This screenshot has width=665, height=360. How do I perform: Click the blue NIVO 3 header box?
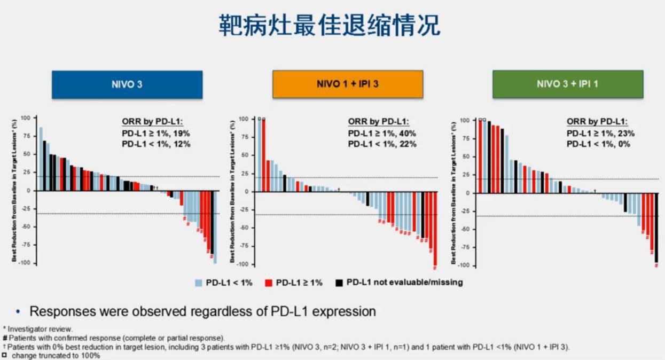tap(127, 84)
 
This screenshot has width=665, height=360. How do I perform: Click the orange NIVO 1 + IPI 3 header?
tap(348, 84)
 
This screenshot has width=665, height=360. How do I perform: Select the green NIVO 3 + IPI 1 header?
tap(567, 84)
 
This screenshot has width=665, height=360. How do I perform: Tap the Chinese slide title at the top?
tap(330, 25)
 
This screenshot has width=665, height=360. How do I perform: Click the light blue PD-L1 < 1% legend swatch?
tap(198, 283)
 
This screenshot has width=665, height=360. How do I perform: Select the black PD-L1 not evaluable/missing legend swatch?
tap(339, 283)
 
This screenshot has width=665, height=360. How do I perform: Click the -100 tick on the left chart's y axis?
tap(25, 263)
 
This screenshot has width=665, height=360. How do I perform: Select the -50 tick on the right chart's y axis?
tap(464, 229)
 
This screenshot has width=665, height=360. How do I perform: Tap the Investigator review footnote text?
tap(40, 329)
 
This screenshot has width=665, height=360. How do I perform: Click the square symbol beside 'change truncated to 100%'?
tap(5, 355)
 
